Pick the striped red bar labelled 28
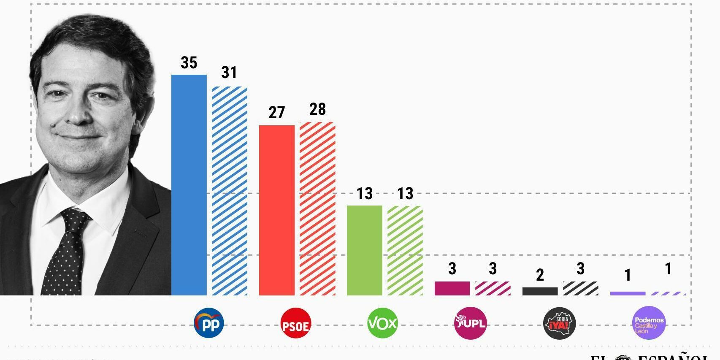317,208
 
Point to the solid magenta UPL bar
452,288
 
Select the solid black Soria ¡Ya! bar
540,291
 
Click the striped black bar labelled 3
580,288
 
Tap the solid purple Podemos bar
628,293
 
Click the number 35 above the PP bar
189,63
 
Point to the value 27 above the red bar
276,113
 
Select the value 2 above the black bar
540,275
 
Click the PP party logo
209,323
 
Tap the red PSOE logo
296,323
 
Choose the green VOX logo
383,323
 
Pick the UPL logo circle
470,323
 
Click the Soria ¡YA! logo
560,323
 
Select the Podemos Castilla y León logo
649,323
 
